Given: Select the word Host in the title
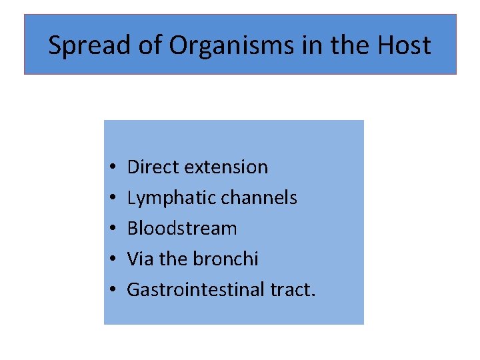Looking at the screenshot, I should [403, 45].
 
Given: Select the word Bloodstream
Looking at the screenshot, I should [182, 228].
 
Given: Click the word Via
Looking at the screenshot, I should [140, 259].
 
